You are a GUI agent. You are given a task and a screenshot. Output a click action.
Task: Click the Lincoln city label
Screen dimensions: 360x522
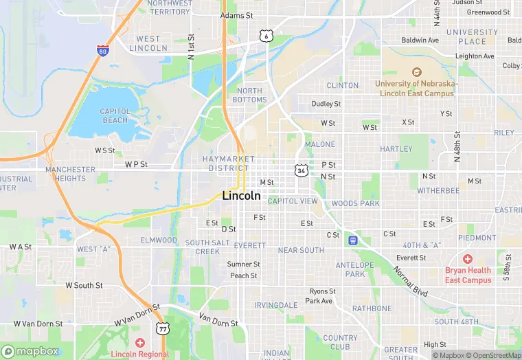click(242, 196)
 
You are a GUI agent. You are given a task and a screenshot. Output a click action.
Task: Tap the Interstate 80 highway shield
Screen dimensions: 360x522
click(102, 50)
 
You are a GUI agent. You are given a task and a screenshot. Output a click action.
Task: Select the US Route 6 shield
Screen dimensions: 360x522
click(265, 35)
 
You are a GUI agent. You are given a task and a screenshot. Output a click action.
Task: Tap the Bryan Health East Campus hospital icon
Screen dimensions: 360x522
click(468, 259)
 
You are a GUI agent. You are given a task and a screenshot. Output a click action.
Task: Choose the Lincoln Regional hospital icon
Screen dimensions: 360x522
click(140, 342)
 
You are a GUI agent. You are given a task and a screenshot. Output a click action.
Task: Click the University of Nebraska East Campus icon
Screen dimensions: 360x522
click(416, 71)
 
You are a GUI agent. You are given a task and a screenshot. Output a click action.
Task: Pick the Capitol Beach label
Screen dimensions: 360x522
click(115, 115)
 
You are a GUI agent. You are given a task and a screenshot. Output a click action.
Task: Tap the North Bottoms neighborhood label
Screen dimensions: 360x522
click(251, 95)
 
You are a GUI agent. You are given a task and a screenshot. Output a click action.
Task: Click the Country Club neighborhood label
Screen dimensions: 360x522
click(340, 342)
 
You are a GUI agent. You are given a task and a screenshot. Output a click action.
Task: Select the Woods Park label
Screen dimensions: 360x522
click(355, 204)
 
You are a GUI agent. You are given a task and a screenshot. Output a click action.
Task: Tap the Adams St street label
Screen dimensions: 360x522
click(237, 15)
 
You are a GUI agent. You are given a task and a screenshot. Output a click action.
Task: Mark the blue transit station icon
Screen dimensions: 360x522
click(353, 240)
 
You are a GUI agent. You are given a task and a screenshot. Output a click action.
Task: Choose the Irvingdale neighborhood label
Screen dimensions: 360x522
click(275, 305)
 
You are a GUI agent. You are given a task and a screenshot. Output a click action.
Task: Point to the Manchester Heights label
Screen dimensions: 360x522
click(70, 174)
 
